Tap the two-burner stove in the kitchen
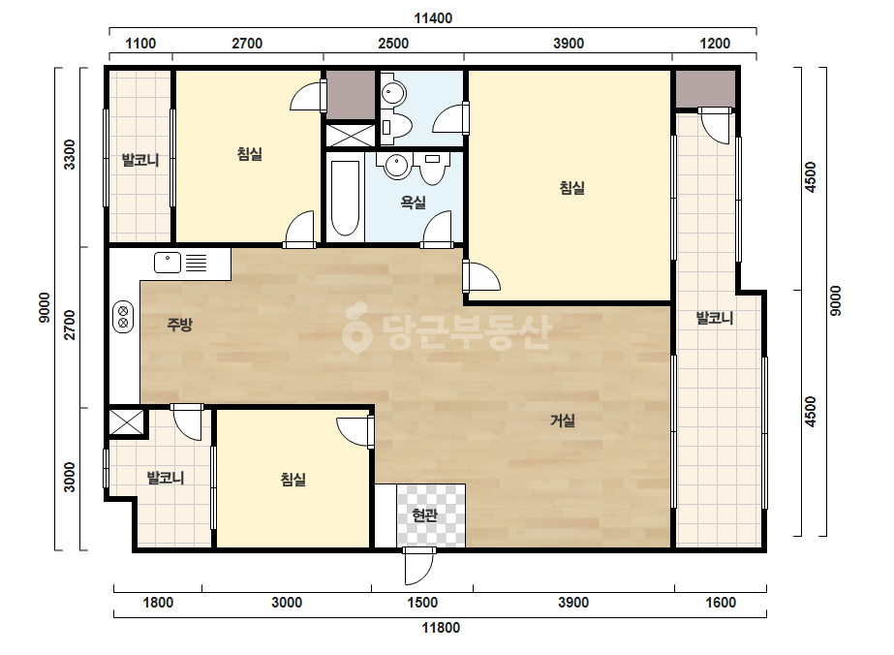(123, 316)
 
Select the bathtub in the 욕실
(345, 199)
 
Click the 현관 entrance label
(425, 515)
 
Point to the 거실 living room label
(562, 421)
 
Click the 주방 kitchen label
(179, 325)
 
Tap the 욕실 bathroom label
(414, 202)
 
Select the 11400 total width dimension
(433, 18)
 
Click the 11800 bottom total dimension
(441, 628)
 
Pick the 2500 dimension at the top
(393, 44)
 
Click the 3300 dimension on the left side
(69, 154)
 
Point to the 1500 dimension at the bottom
(422, 603)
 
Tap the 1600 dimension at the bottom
(721, 603)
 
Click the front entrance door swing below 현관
(419, 567)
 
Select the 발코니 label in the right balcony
(715, 318)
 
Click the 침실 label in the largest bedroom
(571, 188)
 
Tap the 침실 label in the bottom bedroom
(293, 479)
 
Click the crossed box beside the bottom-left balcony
(126, 422)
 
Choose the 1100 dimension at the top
(140, 44)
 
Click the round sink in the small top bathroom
(393, 92)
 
